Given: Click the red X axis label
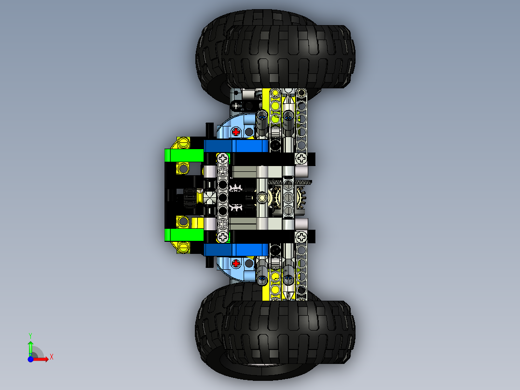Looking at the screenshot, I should click(x=51, y=357).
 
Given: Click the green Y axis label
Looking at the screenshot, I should click(x=30, y=335).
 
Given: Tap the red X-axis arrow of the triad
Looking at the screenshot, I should click(x=42, y=359).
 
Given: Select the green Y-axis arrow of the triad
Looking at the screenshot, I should click(x=30, y=347).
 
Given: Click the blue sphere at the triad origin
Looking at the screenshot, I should click(x=30, y=359).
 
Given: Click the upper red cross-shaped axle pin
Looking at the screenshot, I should click(x=236, y=131).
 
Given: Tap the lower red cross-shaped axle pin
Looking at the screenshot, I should click(x=236, y=263).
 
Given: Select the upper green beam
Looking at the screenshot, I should click(x=184, y=155).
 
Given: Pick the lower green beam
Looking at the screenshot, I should click(x=184, y=235).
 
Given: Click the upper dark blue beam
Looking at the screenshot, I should click(x=236, y=146).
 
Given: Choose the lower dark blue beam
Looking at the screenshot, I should click(x=236, y=250).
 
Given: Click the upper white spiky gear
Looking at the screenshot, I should click(x=236, y=187).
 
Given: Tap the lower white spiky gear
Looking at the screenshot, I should click(x=236, y=208).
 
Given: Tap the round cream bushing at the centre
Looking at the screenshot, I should click(x=262, y=197).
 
